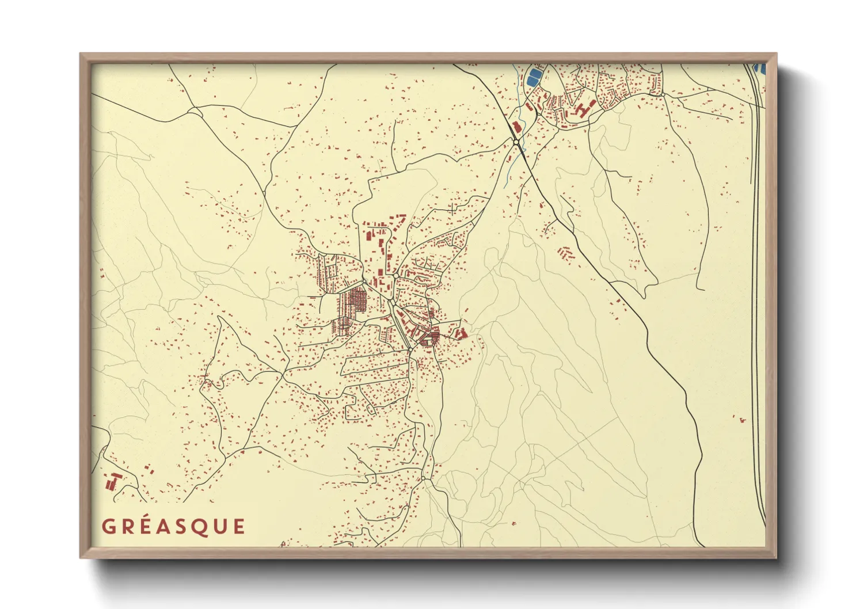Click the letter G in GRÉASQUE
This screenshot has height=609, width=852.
109,527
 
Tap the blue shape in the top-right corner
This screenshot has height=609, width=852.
761,68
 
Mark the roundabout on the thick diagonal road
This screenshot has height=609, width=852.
516,141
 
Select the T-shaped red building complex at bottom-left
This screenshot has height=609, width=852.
113,481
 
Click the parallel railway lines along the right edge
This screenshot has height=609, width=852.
756,288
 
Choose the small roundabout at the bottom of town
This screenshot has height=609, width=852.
423,478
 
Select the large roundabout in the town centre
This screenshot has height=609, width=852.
364,281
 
